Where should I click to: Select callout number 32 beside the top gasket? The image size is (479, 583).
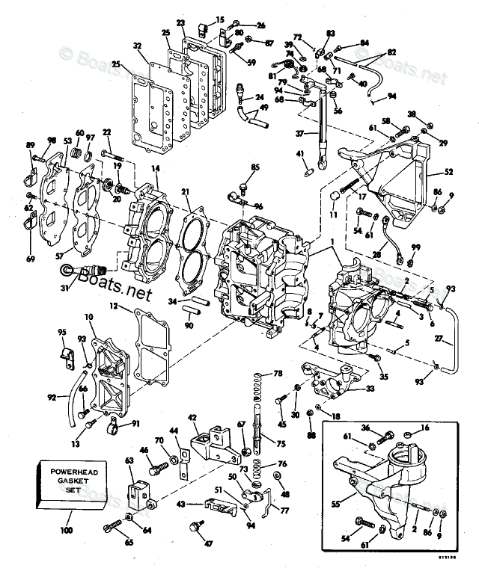(138, 46)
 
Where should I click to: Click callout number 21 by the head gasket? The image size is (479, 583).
(185, 192)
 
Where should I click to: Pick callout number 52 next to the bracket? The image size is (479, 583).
(449, 172)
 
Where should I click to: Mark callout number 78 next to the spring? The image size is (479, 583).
(278, 373)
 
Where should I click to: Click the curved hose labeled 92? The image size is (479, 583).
(75, 404)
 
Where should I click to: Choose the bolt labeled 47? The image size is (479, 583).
(198, 528)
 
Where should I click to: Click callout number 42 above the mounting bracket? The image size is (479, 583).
(192, 417)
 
